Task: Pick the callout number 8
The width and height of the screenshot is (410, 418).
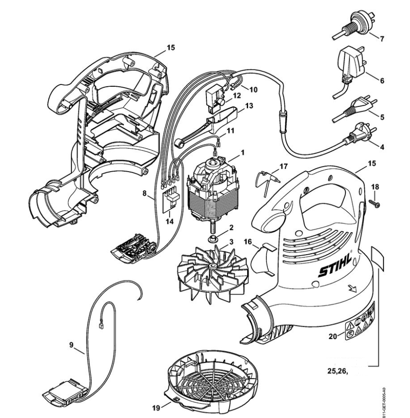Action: tap(144, 194)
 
